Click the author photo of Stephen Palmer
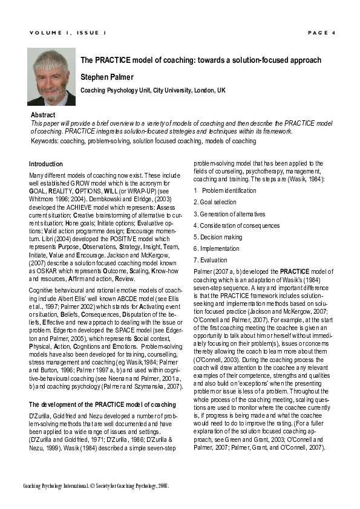(x=51, y=77)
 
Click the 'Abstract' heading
(x=42, y=115)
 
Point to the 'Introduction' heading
(x=46, y=164)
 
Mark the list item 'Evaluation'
(x=213, y=260)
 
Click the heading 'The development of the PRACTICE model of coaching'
(x=102, y=404)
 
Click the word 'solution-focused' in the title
(x=259, y=60)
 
